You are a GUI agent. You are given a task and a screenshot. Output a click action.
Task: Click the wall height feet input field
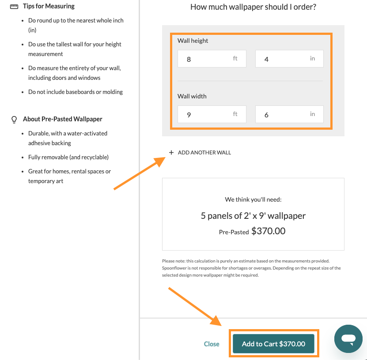pyautogui.click(x=212, y=59)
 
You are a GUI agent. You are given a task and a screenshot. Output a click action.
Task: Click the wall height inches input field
pyautogui.click(x=289, y=59)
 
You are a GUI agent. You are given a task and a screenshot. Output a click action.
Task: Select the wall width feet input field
pyautogui.click(x=212, y=114)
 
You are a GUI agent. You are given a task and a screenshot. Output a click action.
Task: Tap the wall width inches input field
pyautogui.click(x=289, y=114)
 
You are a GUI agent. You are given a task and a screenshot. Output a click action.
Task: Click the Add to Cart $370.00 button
pyautogui.click(x=273, y=344)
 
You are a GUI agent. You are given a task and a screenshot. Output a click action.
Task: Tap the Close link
pyautogui.click(x=212, y=344)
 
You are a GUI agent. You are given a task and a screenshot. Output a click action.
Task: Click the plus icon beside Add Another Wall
pyautogui.click(x=171, y=153)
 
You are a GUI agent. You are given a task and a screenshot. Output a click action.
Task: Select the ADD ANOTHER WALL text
pyautogui.click(x=204, y=153)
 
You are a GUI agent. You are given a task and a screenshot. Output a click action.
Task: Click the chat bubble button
pyautogui.click(x=348, y=339)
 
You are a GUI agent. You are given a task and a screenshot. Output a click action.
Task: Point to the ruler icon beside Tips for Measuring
pyautogui.click(x=14, y=7)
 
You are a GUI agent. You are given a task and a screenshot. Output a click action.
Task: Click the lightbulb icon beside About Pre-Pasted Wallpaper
pyautogui.click(x=14, y=120)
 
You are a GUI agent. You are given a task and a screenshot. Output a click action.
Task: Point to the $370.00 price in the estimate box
pyautogui.click(x=268, y=231)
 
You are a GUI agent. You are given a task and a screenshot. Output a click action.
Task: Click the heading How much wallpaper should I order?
pyautogui.click(x=253, y=7)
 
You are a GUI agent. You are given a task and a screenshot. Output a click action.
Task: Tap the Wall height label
pyautogui.click(x=193, y=41)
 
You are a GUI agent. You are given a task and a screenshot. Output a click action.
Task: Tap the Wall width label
pyautogui.click(x=192, y=96)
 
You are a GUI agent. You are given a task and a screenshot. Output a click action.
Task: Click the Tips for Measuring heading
pyautogui.click(x=49, y=6)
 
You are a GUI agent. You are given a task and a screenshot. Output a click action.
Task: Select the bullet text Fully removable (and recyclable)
pyautogui.click(x=68, y=157)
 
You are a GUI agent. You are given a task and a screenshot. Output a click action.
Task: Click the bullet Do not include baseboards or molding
pyautogui.click(x=76, y=92)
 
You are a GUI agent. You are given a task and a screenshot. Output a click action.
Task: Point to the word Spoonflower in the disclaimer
pyautogui.click(x=174, y=268)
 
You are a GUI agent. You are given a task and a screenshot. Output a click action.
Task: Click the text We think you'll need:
pyautogui.click(x=253, y=199)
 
